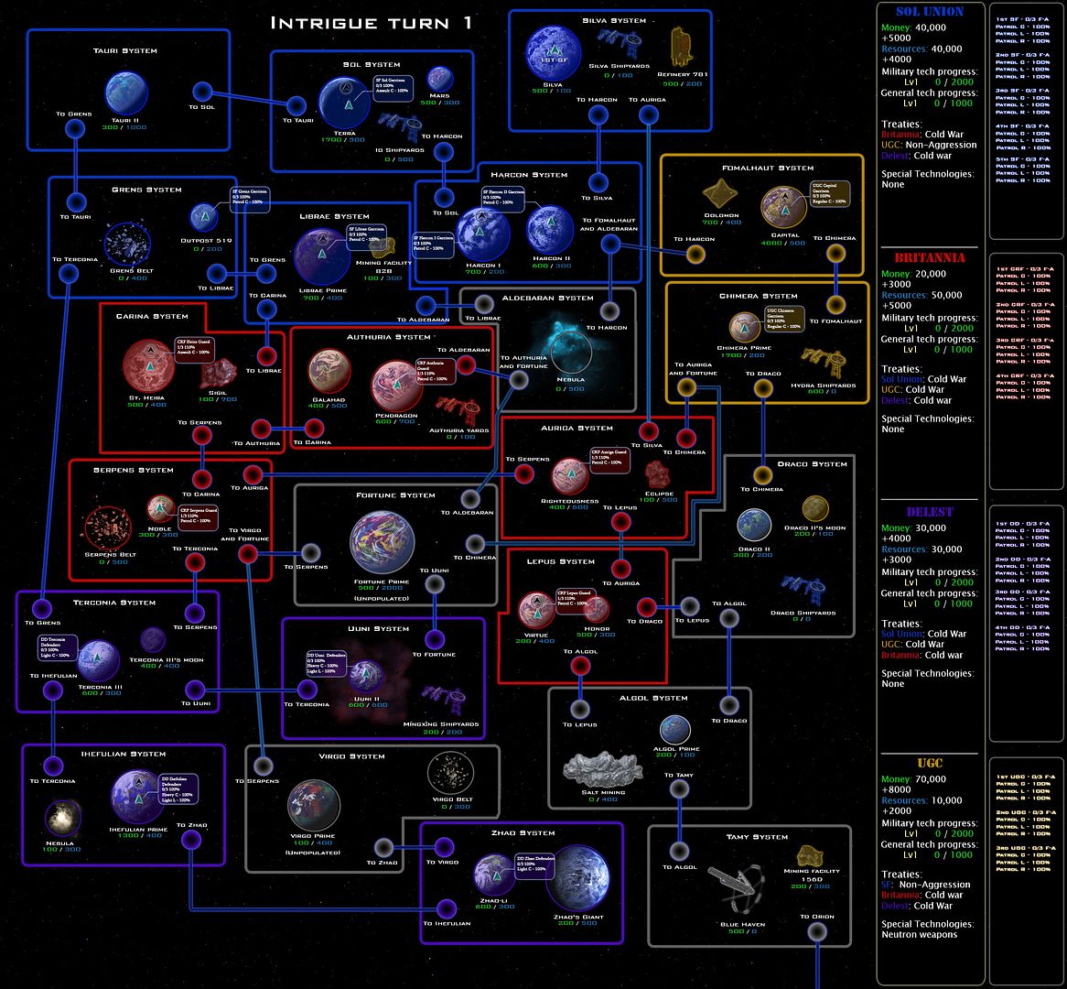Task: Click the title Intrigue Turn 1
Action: (x=371, y=22)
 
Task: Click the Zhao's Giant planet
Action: (x=583, y=884)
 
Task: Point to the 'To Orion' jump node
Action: (x=817, y=930)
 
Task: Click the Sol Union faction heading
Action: (x=929, y=12)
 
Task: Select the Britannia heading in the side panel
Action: (x=929, y=257)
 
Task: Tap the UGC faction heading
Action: (x=929, y=763)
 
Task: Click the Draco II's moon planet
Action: (x=815, y=508)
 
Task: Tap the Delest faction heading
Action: (x=929, y=512)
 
